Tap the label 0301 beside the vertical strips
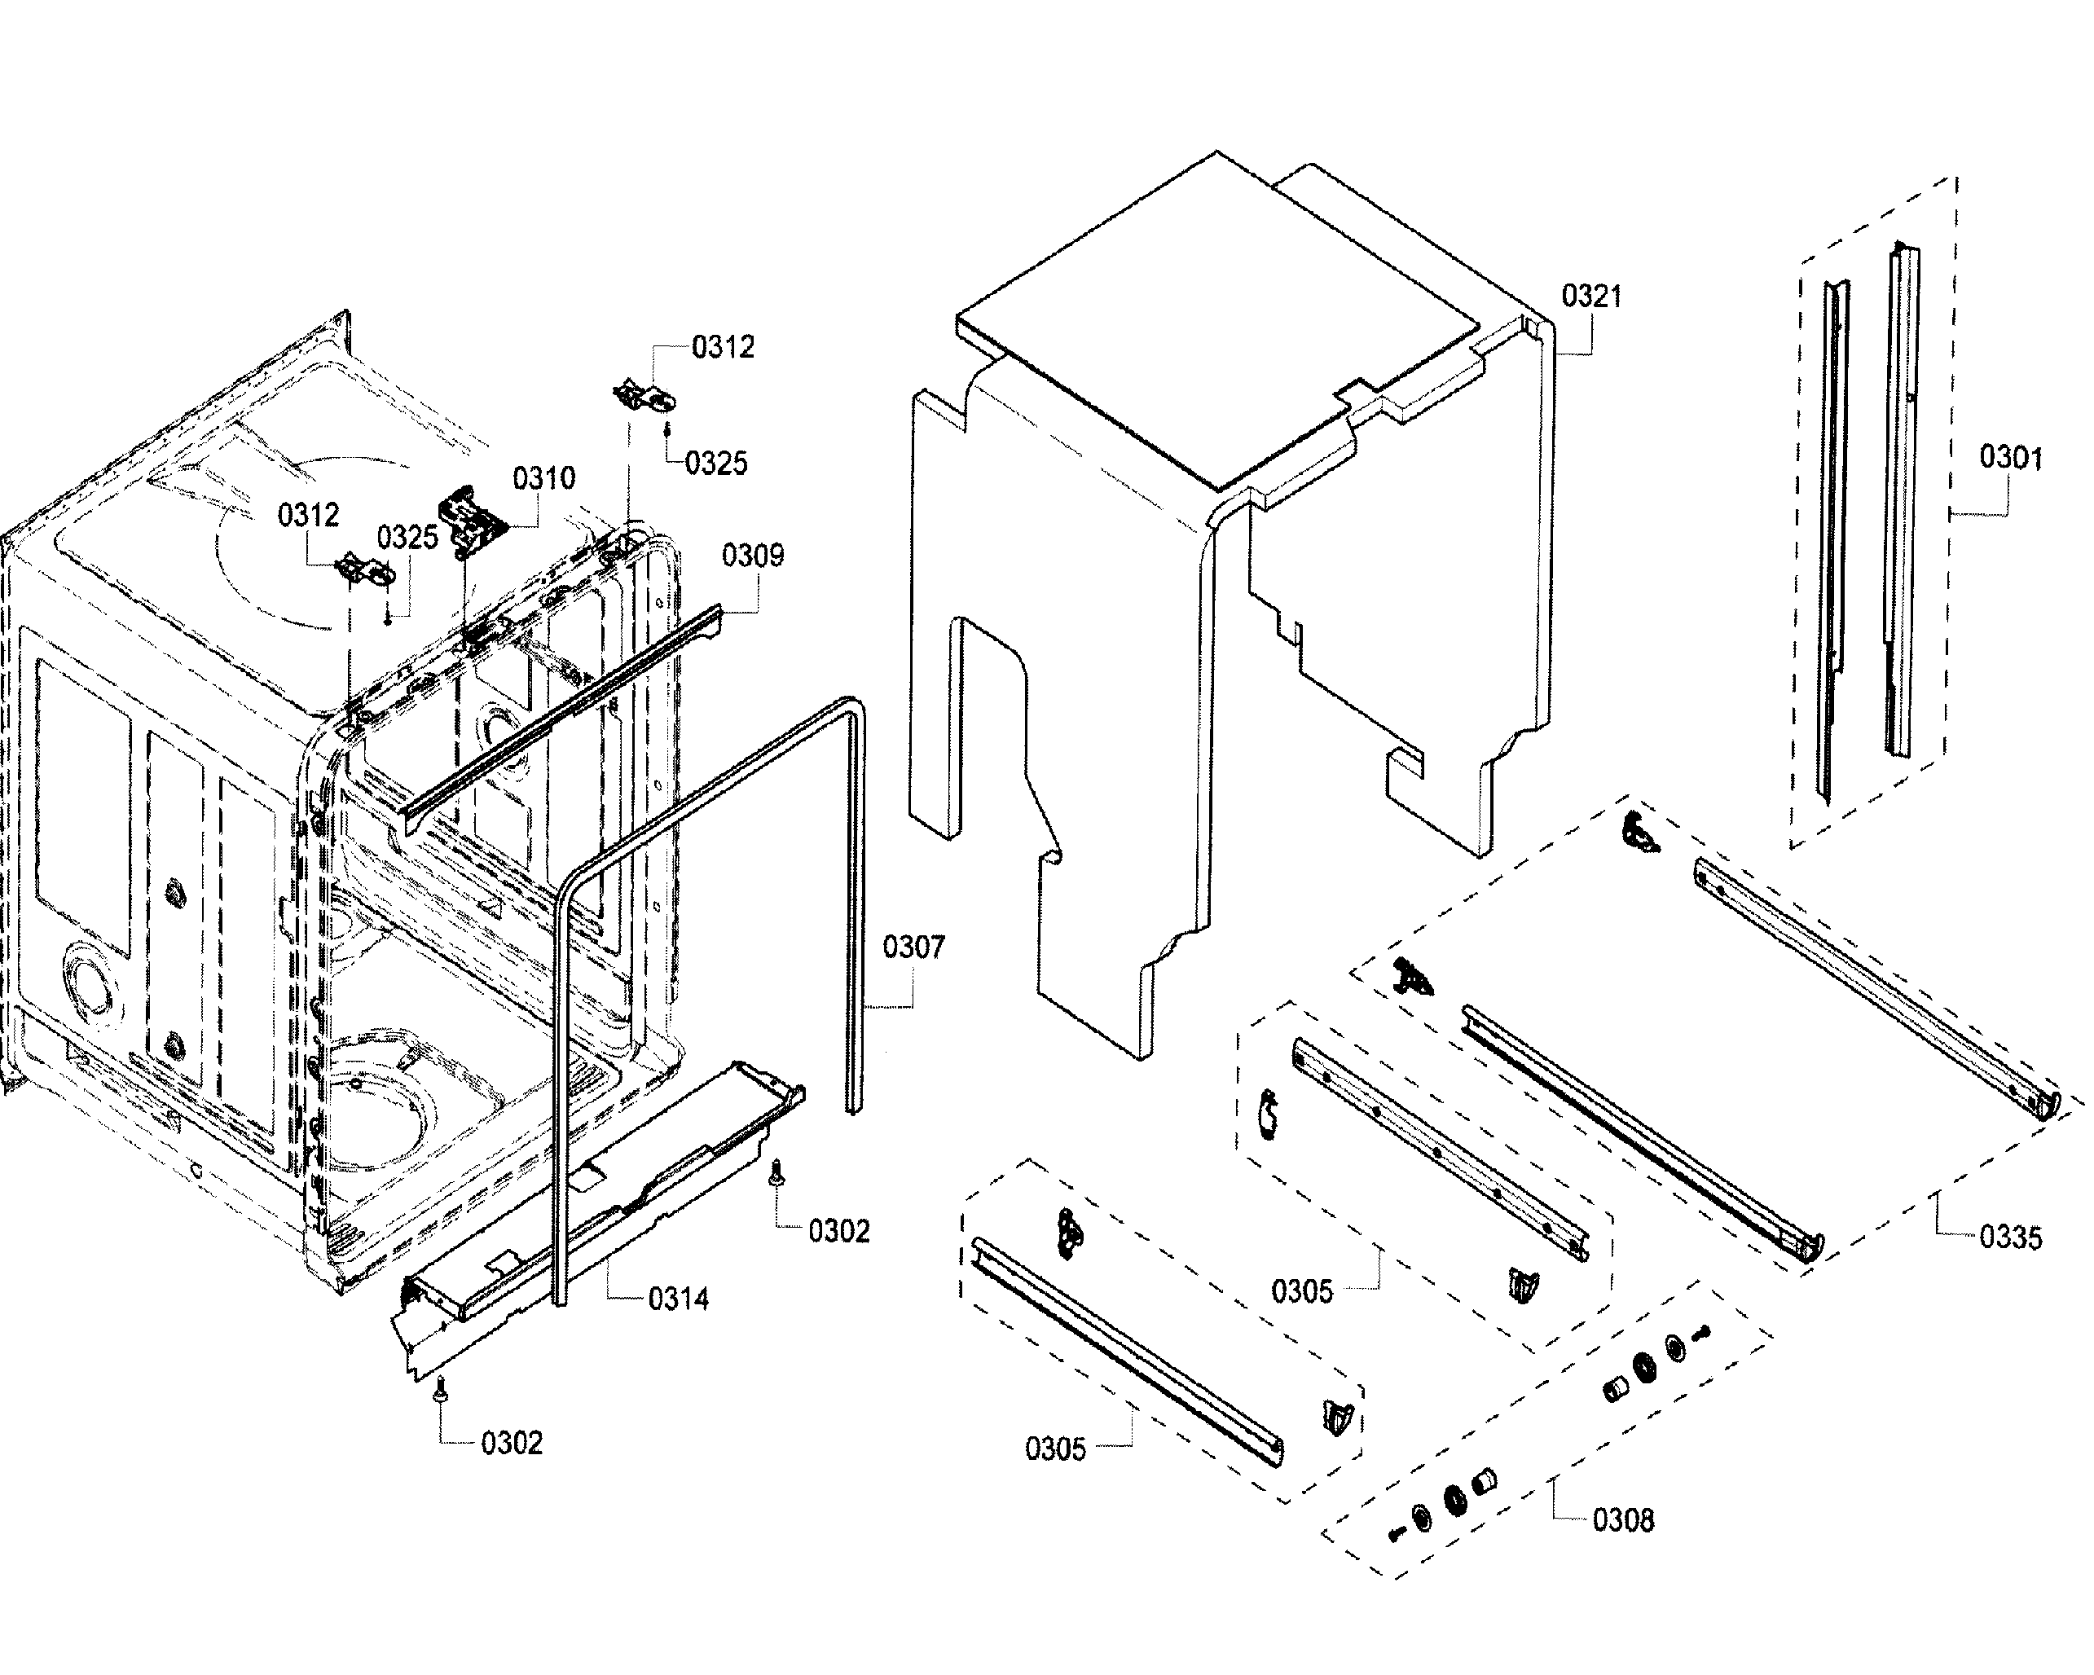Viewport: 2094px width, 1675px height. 2009,456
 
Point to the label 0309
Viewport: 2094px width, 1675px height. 752,556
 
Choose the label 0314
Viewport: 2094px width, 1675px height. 678,1299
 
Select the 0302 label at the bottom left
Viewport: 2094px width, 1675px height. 511,1444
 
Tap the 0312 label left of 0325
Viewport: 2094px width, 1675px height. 308,515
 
